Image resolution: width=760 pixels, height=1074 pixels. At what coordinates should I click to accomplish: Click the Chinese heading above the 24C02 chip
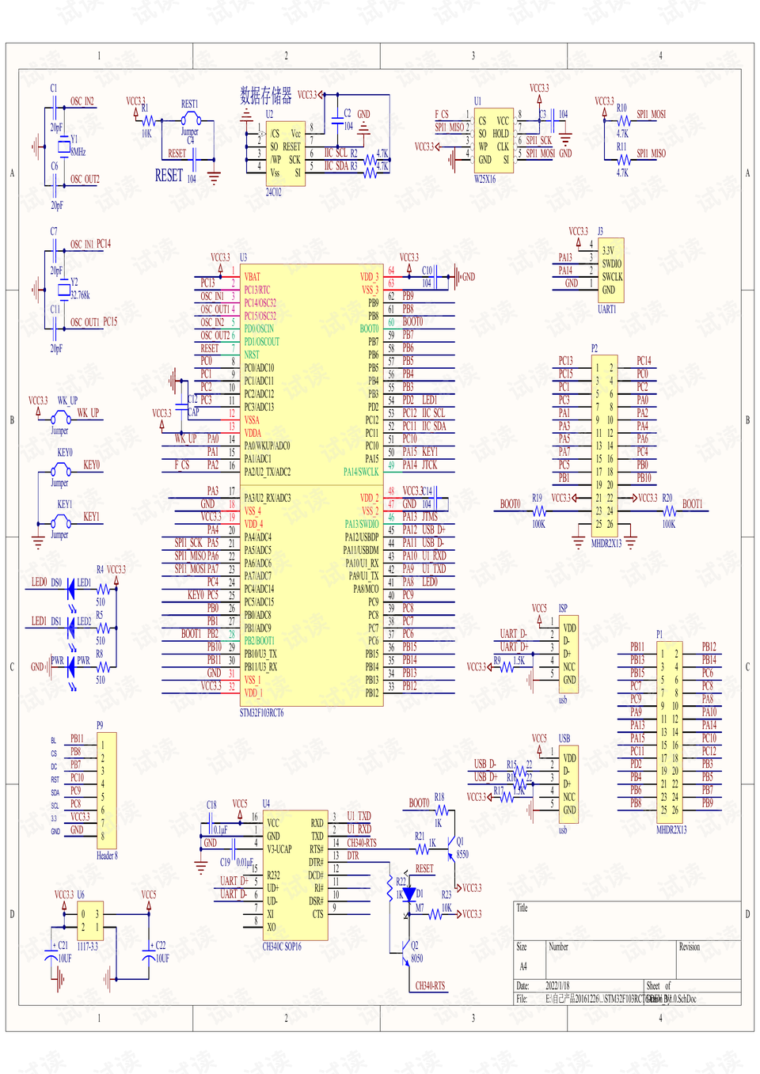(265, 96)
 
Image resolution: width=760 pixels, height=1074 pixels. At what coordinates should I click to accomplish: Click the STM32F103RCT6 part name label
(261, 713)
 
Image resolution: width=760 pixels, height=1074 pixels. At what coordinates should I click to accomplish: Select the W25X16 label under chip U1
(484, 180)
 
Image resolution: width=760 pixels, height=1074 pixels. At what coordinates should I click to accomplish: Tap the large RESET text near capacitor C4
(169, 176)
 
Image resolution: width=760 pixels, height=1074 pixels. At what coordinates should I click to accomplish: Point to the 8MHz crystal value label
(78, 152)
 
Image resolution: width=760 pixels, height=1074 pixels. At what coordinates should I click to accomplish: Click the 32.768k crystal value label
(80, 295)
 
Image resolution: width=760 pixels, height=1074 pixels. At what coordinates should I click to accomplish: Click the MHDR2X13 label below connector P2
(606, 544)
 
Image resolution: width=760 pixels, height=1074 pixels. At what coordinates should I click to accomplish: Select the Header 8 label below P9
(107, 856)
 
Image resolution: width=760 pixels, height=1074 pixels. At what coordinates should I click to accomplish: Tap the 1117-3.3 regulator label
(87, 947)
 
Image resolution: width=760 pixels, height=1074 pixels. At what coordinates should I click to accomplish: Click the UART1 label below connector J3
(606, 309)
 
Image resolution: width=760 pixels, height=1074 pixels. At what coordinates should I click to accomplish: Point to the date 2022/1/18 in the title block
(557, 986)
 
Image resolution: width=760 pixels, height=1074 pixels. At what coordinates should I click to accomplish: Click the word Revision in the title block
(689, 947)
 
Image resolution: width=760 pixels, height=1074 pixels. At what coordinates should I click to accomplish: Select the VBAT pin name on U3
(252, 277)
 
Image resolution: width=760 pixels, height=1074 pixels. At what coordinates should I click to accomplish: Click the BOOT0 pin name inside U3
(369, 328)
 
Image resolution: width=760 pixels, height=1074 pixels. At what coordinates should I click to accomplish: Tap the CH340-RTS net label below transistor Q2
(430, 986)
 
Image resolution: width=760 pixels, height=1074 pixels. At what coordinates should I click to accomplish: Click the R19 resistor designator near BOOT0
(537, 499)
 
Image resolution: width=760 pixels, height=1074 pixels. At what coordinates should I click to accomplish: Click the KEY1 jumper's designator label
(64, 504)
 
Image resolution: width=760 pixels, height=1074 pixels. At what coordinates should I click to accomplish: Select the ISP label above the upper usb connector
(563, 609)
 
